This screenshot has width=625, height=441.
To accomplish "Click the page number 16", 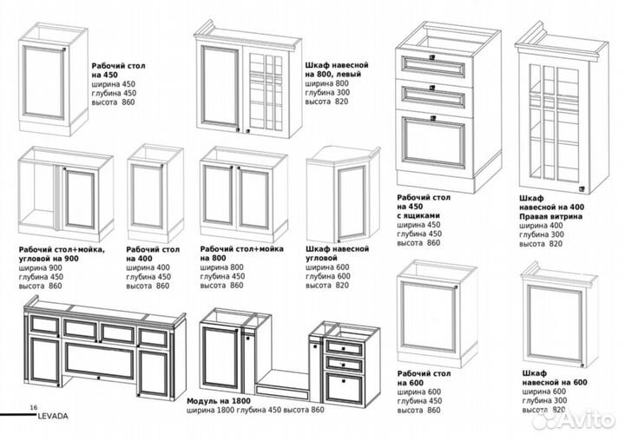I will pyautogui.click(x=33, y=406).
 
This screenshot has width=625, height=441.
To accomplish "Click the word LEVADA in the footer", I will pyautogui.click(x=53, y=415).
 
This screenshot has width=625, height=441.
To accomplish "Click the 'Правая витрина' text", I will pyautogui.click(x=549, y=216).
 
